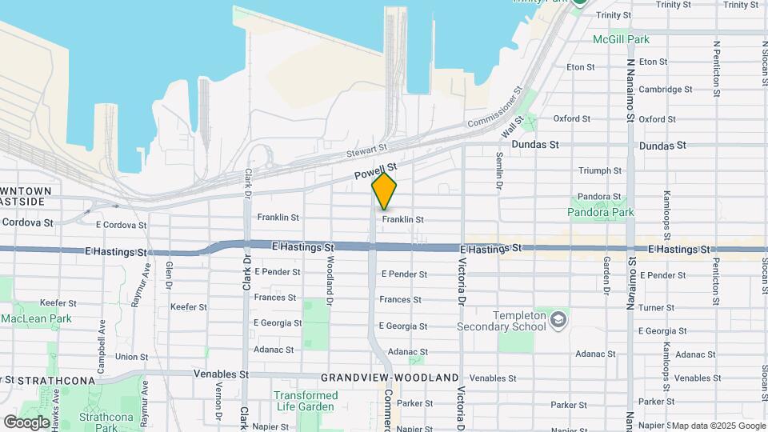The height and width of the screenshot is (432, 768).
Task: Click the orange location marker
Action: (385, 191)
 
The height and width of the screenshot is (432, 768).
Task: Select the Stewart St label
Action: (366, 149)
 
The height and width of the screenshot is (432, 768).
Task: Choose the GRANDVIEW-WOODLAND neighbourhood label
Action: (390, 378)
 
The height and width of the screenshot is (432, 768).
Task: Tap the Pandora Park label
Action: (600, 213)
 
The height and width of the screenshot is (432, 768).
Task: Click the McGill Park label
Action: (621, 39)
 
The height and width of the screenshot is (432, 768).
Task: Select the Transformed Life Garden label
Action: (306, 401)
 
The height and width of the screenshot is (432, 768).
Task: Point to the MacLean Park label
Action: (36, 318)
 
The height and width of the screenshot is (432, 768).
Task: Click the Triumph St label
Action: (600, 170)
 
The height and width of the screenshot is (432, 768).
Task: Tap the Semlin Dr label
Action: (499, 170)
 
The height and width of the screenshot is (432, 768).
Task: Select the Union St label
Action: (126, 357)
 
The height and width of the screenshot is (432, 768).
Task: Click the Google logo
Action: (27, 421)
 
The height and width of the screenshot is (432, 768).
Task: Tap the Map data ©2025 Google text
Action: (718, 426)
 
